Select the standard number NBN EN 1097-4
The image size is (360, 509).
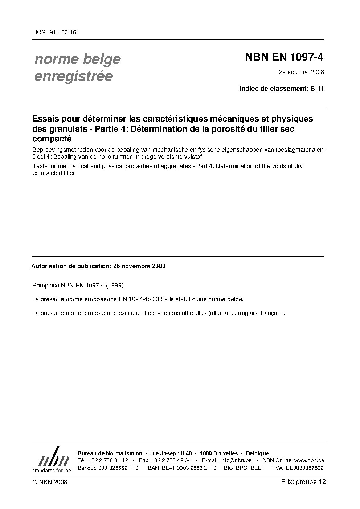pyautogui.click(x=284, y=57)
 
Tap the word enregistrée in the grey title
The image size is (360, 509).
pyautogui.click(x=73, y=77)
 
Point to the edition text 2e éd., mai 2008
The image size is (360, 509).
pyautogui.click(x=301, y=72)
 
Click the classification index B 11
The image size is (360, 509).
pyautogui.click(x=318, y=88)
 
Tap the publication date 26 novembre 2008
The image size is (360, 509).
pyautogui.click(x=139, y=266)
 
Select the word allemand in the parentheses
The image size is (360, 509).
pyautogui.click(x=222, y=313)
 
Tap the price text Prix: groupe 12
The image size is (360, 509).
pyautogui.click(x=303, y=482)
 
